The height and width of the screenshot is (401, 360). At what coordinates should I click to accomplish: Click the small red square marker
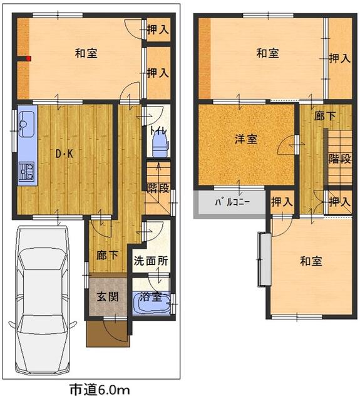29,58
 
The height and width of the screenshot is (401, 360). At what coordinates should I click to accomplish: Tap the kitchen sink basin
26,124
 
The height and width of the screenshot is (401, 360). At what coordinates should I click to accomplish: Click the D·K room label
64,154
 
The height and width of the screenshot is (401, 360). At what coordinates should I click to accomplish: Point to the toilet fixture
160,146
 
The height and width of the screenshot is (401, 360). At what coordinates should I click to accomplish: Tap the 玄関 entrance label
108,296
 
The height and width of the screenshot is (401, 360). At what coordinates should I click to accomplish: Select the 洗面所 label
151,261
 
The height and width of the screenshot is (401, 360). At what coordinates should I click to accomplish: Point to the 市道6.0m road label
100,390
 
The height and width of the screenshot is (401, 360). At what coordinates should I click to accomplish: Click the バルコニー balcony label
232,202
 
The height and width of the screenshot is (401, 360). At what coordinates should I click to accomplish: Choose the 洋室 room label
246,140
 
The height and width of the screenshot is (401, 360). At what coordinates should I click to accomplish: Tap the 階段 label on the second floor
339,159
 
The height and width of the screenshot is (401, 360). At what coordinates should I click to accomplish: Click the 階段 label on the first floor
158,188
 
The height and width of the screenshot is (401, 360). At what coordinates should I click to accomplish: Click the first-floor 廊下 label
107,255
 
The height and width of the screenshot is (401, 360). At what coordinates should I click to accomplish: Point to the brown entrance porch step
108,333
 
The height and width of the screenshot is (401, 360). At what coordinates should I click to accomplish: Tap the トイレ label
158,131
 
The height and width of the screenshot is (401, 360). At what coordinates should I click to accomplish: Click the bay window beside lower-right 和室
264,259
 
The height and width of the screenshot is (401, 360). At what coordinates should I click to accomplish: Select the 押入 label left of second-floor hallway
282,202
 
